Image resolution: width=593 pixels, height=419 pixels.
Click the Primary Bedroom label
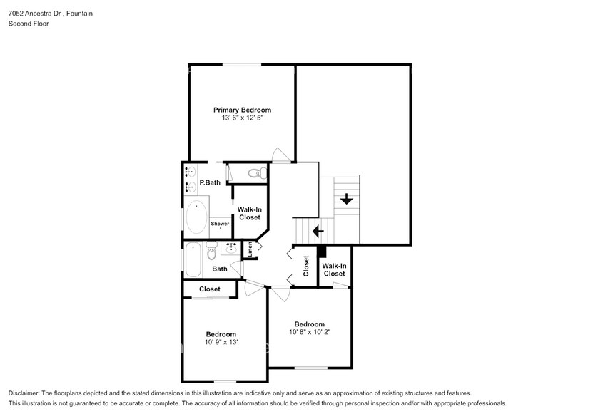242,110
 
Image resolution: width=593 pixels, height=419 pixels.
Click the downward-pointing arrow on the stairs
347,199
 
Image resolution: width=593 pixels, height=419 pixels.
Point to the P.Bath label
209,183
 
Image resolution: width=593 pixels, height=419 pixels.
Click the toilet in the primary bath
255,173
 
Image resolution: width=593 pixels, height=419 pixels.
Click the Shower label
220,224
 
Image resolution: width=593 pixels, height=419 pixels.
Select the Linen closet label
250,249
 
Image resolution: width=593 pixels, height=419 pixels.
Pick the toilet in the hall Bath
211,252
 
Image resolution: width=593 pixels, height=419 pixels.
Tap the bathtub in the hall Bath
193,260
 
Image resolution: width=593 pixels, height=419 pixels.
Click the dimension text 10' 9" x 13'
221,342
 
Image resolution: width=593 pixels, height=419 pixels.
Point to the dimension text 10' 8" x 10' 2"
310,331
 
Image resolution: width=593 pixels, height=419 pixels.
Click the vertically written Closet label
306,266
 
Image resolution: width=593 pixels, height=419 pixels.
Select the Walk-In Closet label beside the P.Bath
249,213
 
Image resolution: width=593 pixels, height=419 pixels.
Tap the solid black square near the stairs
321,252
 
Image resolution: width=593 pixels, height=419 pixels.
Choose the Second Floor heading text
29,24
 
